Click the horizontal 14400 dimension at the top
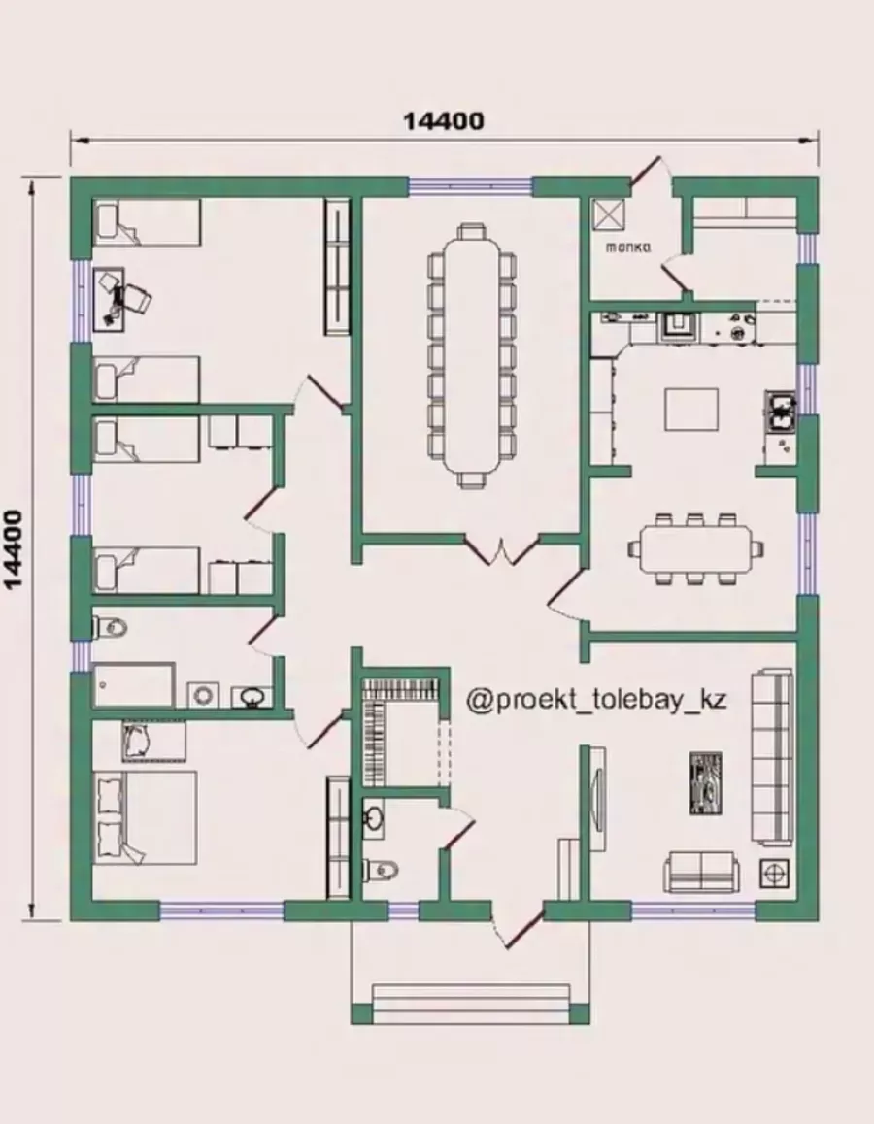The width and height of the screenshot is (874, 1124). tap(444, 121)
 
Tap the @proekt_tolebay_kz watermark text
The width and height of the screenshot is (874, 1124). tap(596, 699)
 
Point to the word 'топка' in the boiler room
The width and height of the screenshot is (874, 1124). tap(628, 248)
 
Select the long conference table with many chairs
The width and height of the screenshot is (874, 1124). tap(471, 355)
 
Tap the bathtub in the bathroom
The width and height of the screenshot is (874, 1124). tap(134, 684)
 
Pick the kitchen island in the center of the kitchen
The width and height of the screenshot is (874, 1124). tap(691, 410)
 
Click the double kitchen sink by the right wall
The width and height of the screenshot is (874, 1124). tap(781, 410)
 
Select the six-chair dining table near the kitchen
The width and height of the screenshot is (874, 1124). tap(694, 548)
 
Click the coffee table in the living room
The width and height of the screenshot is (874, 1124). tap(705, 782)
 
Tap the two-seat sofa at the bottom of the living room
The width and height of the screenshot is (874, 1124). tap(701, 871)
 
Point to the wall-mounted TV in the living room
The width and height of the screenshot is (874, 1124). tap(596, 797)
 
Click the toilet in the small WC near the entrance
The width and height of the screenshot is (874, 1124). tap(380, 870)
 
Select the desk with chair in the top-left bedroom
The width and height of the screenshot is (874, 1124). tap(119, 299)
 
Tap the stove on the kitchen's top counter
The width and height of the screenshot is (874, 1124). tap(678, 326)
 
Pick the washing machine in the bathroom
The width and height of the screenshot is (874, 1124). tap(205, 695)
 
